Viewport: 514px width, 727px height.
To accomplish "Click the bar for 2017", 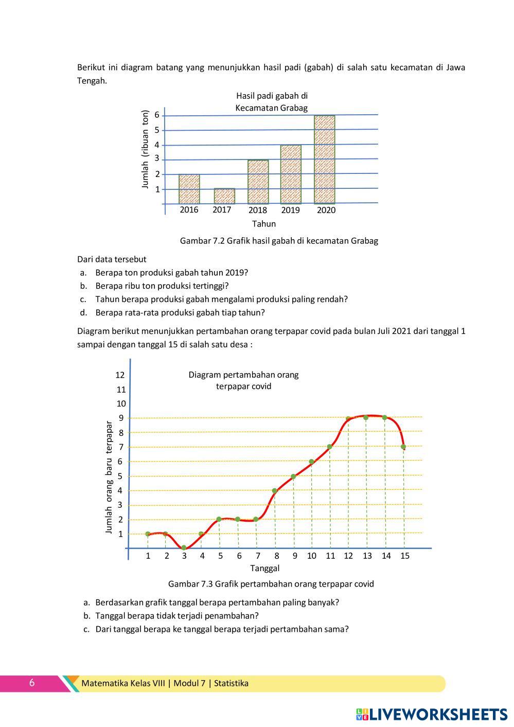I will [224, 196].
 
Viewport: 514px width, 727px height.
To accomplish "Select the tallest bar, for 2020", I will [325, 159].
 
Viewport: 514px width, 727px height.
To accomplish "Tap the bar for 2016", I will [189, 189].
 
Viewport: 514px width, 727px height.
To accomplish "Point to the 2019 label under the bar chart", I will [291, 210].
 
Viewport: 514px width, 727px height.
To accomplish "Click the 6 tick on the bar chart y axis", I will [157, 115].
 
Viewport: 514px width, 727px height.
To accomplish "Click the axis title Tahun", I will [264, 224].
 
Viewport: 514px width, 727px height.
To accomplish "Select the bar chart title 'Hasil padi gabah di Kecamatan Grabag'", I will [272, 102].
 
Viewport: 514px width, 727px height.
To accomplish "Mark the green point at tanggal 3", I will [184, 548].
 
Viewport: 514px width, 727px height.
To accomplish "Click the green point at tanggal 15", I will [403, 447].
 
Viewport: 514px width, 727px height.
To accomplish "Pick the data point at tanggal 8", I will [275, 491].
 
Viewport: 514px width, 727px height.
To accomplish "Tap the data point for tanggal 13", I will [366, 417].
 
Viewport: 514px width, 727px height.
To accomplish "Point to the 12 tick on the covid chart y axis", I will [120, 375].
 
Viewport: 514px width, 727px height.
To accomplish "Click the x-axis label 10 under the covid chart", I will [312, 556].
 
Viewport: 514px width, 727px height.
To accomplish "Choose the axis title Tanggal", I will [265, 569].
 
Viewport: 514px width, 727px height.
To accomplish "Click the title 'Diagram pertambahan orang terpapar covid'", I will [243, 380].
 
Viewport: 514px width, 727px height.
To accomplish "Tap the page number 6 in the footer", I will [32, 683].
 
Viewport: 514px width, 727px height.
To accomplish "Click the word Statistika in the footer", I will [231, 683].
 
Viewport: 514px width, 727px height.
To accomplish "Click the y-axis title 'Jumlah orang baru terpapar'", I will [109, 477].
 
